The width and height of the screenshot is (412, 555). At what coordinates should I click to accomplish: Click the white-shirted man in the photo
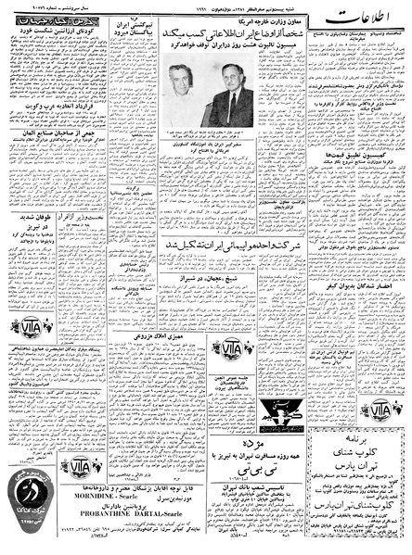click(x=182, y=97)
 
